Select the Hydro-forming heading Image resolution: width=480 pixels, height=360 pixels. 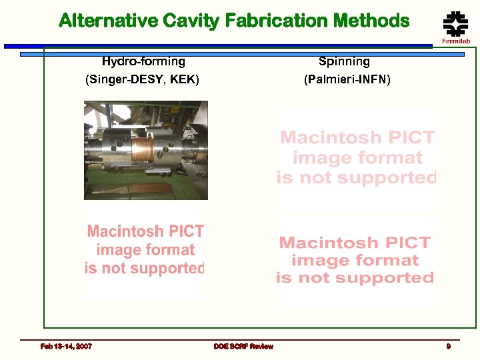pos(143,62)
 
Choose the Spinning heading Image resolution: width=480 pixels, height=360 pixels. pos(344,62)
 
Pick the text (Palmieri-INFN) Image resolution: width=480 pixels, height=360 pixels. pos(347,80)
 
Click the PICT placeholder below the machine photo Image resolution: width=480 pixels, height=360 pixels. pos(145,250)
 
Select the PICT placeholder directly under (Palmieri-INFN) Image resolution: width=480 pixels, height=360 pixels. pos(357,158)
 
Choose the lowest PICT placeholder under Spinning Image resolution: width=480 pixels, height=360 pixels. pos(355,260)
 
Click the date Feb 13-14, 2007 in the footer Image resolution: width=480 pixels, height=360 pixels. pos(66,346)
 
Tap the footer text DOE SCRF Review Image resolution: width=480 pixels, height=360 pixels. pos(243,346)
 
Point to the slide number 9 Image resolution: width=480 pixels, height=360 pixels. pos(449,346)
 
